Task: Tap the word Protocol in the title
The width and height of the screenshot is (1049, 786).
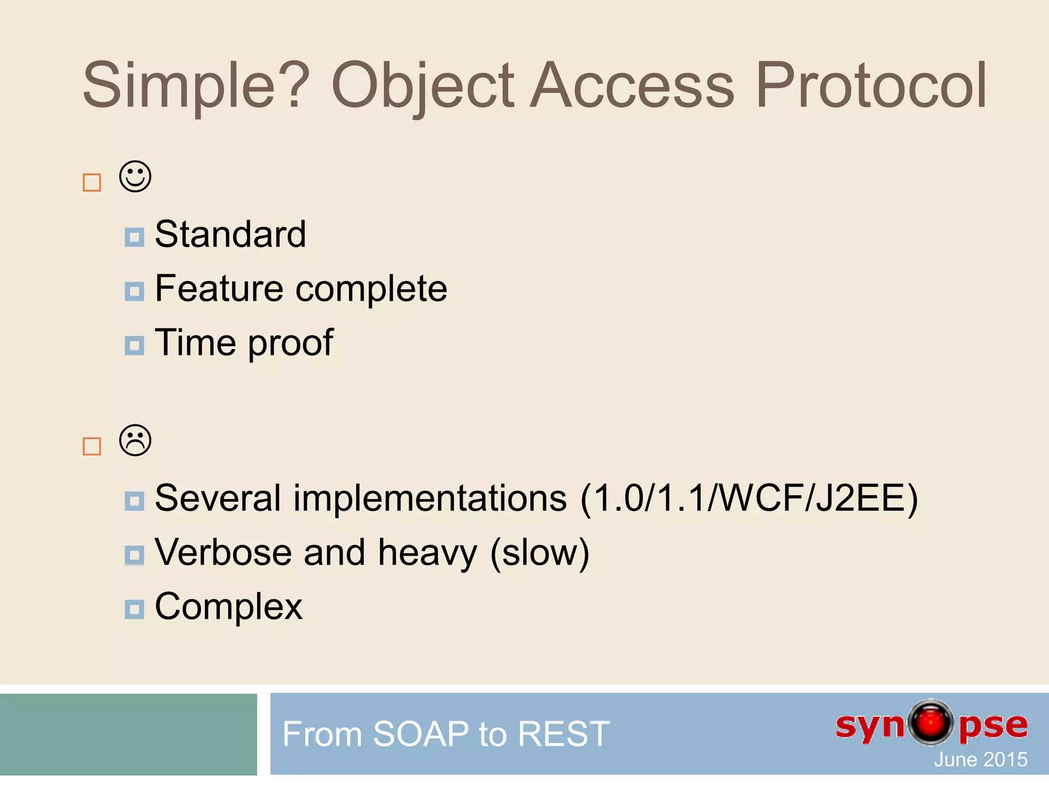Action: pyautogui.click(x=871, y=86)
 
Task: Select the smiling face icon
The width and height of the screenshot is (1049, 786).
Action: pyautogui.click(x=135, y=177)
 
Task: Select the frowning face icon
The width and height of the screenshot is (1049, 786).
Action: pyautogui.click(x=135, y=441)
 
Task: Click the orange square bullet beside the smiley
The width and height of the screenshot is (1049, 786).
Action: pyautogui.click(x=92, y=183)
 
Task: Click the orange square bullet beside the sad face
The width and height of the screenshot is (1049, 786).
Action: pyautogui.click(x=92, y=447)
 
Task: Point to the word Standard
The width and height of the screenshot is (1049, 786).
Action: pyautogui.click(x=230, y=234)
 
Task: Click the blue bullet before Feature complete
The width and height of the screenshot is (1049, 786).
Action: pyautogui.click(x=134, y=292)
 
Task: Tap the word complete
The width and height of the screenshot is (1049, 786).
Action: pyautogui.click(x=371, y=289)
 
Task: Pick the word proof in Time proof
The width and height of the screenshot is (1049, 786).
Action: pyautogui.click(x=291, y=343)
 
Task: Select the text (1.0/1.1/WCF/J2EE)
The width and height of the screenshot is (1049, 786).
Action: pyautogui.click(x=749, y=498)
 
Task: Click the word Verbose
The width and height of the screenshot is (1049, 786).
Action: pyautogui.click(x=223, y=553)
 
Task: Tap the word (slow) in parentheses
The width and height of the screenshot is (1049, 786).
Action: pyautogui.click(x=539, y=553)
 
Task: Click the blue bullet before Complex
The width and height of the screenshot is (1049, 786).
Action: pyautogui.click(x=134, y=609)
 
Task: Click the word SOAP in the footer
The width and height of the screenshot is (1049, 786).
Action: pyautogui.click(x=421, y=734)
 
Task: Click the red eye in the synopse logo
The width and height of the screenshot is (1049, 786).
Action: pyautogui.click(x=931, y=722)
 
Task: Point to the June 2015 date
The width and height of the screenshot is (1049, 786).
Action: pyautogui.click(x=980, y=759)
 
